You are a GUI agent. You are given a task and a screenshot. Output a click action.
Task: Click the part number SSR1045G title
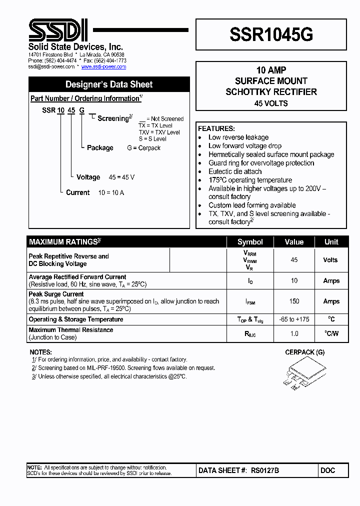click(x=271, y=34)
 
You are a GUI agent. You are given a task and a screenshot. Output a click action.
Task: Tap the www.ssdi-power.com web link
click(x=103, y=66)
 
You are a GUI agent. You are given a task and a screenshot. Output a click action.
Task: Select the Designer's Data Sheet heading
click(x=109, y=84)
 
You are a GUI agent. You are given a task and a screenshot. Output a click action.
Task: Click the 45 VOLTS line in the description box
click(x=270, y=103)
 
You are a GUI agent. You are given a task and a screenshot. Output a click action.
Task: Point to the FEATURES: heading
click(x=216, y=128)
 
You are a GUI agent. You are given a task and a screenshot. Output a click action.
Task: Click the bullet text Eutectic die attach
click(x=235, y=171)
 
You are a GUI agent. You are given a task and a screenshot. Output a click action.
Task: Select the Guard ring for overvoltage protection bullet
click(x=261, y=163)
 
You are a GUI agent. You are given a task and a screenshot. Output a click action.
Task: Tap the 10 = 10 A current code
click(x=111, y=192)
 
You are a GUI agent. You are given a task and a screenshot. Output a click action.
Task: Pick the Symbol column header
click(x=250, y=242)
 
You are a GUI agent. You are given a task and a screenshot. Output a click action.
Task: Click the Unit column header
click(x=331, y=242)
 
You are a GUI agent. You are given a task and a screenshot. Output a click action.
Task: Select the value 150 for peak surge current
click(x=294, y=301)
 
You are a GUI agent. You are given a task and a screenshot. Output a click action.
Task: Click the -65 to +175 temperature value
click(x=294, y=319)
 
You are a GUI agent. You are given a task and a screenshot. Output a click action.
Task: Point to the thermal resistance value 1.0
click(x=294, y=333)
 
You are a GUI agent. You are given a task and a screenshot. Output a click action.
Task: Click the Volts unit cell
click(x=330, y=260)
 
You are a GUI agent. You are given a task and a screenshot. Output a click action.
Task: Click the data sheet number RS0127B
click(x=264, y=470)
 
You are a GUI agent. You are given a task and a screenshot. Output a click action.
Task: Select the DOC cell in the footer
click(x=328, y=470)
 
